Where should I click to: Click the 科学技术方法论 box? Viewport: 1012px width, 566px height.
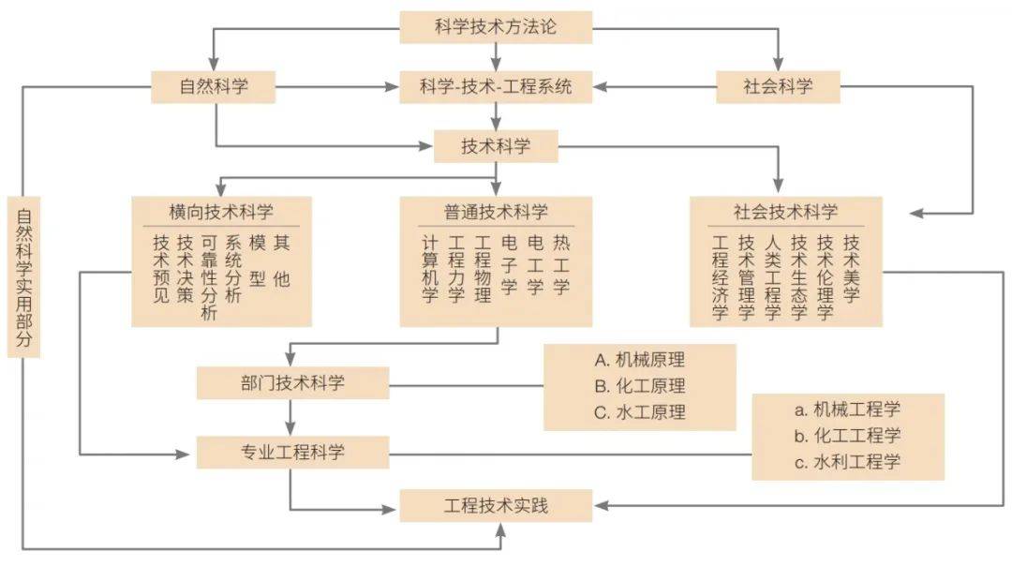click(496, 27)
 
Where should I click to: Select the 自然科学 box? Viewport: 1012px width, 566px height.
click(214, 86)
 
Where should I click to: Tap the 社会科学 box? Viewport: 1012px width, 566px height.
click(778, 86)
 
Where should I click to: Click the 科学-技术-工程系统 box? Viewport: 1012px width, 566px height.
click(496, 86)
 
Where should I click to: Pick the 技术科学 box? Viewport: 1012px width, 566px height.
click(496, 146)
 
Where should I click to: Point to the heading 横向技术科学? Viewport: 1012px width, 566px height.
click(221, 212)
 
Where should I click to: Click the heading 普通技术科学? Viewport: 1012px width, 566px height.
click(496, 212)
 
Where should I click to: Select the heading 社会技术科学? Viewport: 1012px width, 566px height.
click(785, 212)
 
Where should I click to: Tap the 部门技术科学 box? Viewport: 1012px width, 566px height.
click(293, 382)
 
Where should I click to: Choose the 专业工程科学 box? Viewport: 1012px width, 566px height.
click(293, 452)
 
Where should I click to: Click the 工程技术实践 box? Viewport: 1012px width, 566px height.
click(496, 505)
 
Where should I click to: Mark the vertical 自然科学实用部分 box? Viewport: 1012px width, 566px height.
click(23, 277)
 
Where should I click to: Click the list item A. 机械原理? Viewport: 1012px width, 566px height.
click(640, 360)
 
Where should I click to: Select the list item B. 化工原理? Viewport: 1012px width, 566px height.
click(640, 386)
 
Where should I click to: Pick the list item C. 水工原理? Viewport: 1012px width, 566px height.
click(640, 412)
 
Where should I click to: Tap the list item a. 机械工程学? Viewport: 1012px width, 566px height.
click(847, 410)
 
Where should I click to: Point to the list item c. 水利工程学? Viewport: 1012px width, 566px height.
click(847, 461)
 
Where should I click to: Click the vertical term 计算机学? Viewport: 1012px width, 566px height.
click(430, 269)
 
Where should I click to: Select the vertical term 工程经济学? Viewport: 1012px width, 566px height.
click(721, 277)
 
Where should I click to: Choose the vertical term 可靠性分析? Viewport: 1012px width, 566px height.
click(208, 277)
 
